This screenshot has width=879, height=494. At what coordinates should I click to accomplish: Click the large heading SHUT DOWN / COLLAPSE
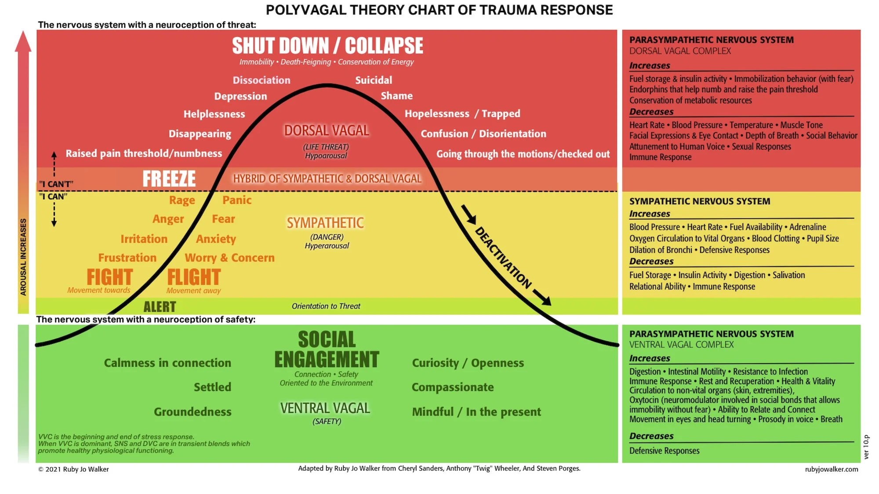pos(327,46)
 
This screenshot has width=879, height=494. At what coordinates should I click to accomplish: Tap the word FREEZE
pos(169,179)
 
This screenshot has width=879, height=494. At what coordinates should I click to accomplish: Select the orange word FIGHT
pos(109,277)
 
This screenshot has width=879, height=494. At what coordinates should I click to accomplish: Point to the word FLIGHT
pos(194,277)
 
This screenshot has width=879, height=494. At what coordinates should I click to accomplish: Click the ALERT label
pos(160,306)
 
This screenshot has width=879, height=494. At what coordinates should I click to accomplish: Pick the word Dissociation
pos(262,80)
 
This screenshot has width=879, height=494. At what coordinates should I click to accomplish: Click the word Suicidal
pos(374,80)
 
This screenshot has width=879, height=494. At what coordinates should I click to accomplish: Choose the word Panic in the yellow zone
pos(237,200)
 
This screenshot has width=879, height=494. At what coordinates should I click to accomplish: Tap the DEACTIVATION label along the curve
pos(503,258)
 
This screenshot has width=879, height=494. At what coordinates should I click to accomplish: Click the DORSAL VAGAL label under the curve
pos(327,131)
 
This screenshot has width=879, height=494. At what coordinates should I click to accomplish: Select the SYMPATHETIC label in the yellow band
pos(325,223)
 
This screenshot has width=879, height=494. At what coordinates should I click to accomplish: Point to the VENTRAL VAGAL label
pos(325,408)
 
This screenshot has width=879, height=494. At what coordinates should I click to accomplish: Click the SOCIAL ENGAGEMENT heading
pos(327,350)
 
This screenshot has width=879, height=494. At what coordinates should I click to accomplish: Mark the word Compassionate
pos(453,387)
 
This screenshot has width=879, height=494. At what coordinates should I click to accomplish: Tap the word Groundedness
pos(193,412)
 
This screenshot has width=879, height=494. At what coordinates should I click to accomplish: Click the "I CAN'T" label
pos(56,184)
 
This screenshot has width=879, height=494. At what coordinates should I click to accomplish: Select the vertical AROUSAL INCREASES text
pos(23,257)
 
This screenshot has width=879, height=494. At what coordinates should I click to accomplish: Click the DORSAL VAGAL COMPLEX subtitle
pos(680,51)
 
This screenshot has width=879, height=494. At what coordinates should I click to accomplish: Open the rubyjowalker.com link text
pos(831,469)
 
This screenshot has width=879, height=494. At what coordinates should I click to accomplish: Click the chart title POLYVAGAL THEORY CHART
pos(439,10)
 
